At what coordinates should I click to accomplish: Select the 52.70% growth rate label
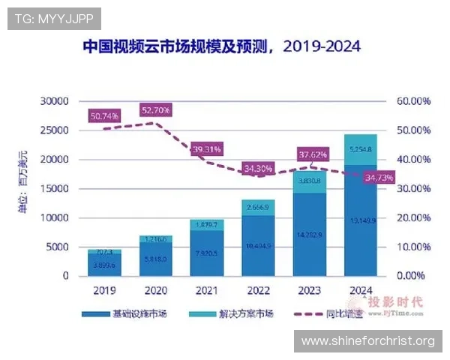point(155,110)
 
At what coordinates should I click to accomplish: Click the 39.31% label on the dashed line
point(205,149)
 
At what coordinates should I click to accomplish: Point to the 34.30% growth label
point(257,168)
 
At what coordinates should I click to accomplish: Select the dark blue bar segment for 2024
point(361,221)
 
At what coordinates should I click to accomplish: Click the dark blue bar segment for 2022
point(258,246)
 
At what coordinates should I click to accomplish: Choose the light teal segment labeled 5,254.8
point(361,149)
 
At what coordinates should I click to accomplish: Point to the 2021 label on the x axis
point(206,290)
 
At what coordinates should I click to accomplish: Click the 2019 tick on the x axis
point(104,290)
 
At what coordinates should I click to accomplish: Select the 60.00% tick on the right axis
point(413,101)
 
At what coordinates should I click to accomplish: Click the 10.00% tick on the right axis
point(413,247)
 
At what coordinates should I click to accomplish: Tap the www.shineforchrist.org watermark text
point(367,341)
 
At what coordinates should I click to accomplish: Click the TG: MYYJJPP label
point(53,19)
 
